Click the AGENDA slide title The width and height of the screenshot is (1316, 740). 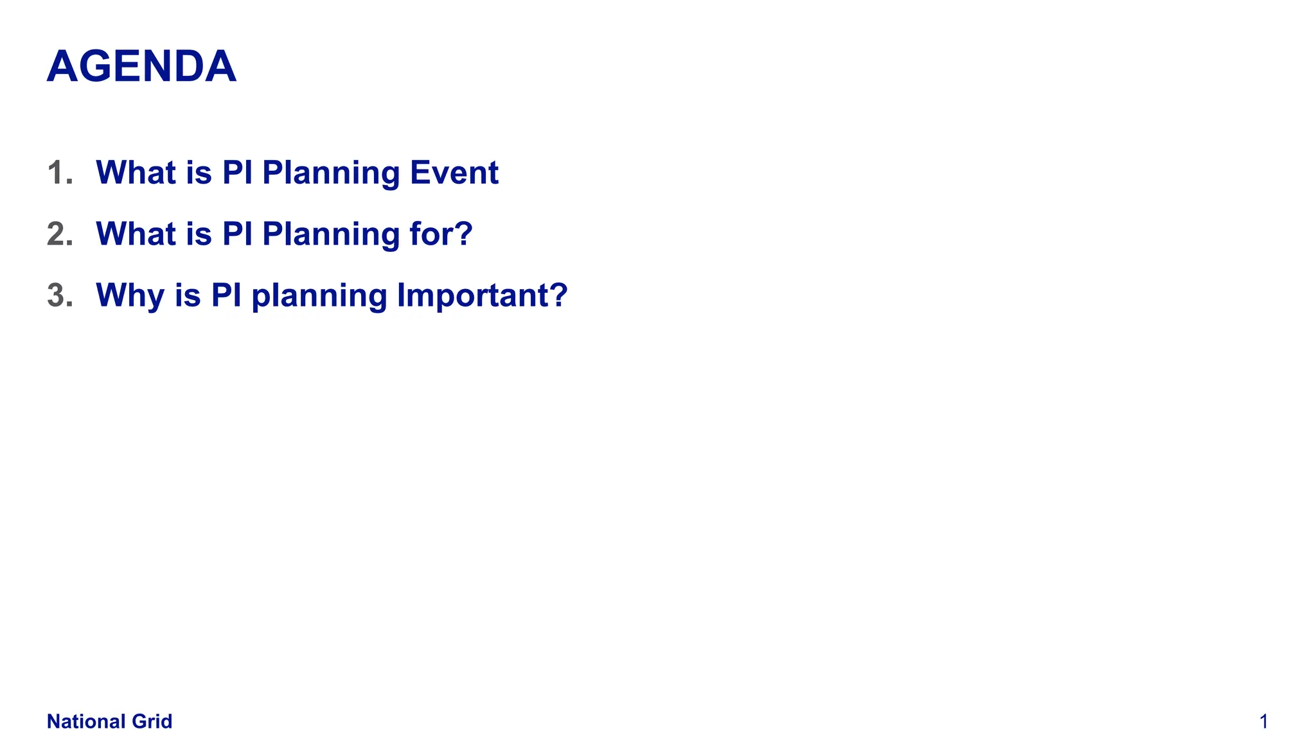coord(141,67)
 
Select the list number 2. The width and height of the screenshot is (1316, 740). coord(59,234)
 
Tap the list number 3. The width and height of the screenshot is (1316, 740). coord(59,295)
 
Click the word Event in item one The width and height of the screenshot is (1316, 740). coord(454,173)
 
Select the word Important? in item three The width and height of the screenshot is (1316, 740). coord(482,295)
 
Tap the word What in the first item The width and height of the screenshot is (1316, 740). coord(136,173)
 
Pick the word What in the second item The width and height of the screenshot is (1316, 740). coord(136,234)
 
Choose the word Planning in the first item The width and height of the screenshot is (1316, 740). coord(330,173)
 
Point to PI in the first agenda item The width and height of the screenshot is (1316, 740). coord(237,173)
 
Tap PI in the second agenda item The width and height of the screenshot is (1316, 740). coord(237,234)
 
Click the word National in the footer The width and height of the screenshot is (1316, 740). coord(86,721)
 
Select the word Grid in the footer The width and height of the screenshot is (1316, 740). coord(152,721)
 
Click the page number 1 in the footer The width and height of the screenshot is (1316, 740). coord(1263,721)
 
